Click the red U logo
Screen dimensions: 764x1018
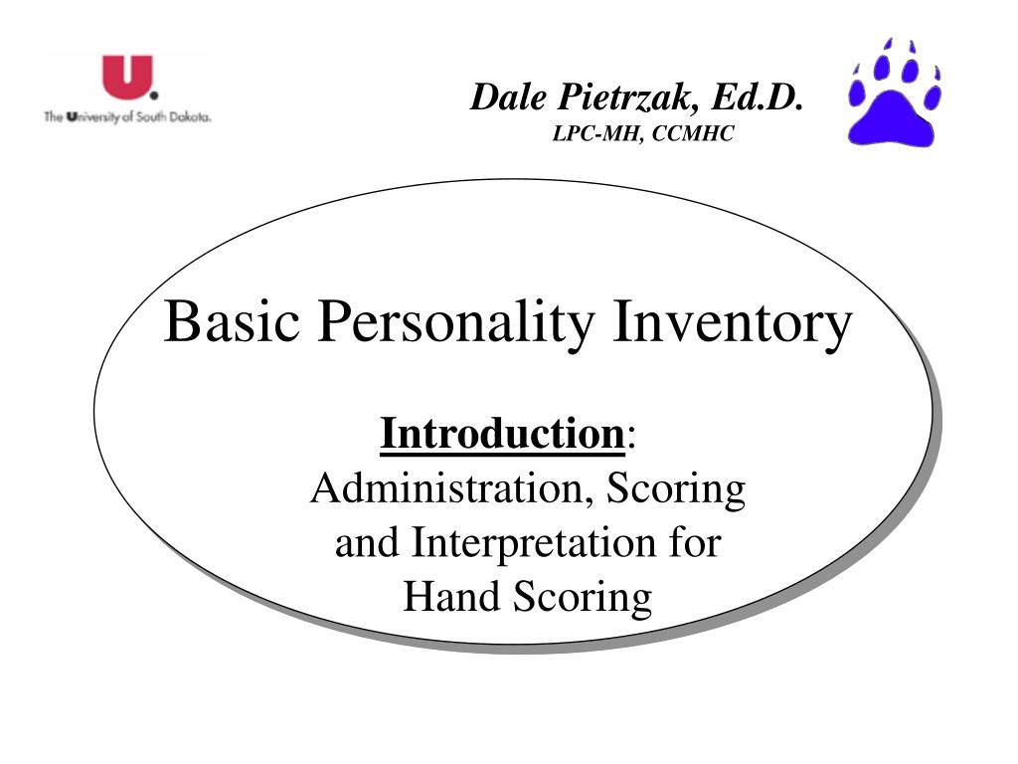coord(127,78)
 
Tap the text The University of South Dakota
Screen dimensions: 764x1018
coord(127,117)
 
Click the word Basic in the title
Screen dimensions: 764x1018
coord(233,323)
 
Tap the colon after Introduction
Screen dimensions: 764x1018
coord(633,439)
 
